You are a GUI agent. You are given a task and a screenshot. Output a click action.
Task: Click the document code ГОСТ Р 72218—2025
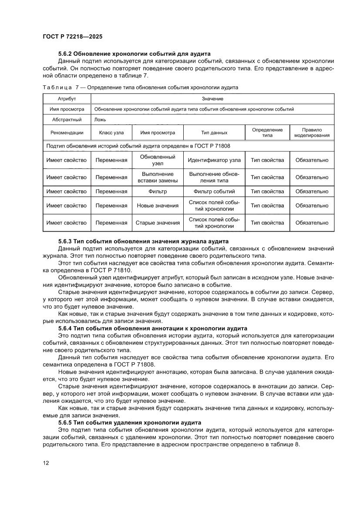click(72, 37)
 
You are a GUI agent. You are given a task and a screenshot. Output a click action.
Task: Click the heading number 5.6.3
click(66, 241)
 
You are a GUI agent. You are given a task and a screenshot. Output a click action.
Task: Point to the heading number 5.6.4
click(66, 328)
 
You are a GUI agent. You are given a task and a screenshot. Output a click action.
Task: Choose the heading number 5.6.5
click(66, 423)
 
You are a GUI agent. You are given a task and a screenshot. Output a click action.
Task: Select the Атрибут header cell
click(67, 99)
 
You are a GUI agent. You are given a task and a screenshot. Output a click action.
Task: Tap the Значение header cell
click(212, 99)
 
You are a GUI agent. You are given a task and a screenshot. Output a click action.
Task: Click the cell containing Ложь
click(100, 120)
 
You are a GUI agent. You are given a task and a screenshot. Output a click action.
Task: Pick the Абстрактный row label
click(67, 120)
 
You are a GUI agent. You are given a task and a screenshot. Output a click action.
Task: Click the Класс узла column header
click(111, 133)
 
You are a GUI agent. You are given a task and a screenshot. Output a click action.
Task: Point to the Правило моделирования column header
click(312, 133)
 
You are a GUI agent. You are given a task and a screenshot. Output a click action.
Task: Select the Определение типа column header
click(267, 133)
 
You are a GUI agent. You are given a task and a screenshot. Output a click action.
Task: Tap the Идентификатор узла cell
click(214, 160)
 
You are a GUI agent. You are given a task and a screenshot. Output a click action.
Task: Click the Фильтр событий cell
click(214, 192)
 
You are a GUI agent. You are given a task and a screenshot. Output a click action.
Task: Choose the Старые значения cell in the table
click(158, 223)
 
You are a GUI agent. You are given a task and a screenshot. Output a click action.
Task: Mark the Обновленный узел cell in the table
click(158, 160)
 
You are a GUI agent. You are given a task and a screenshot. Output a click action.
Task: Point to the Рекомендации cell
click(67, 133)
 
